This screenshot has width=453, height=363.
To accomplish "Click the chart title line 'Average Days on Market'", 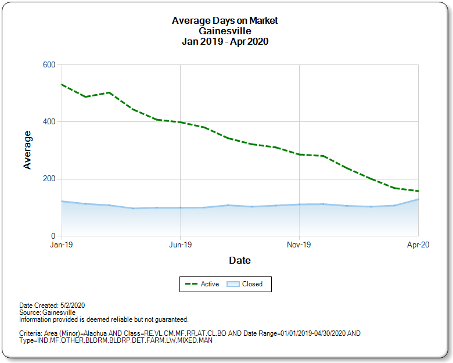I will click(x=225, y=20).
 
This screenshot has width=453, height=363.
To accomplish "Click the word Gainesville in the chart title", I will click(x=225, y=31).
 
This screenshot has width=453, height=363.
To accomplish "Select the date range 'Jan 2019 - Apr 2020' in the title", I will click(x=225, y=41).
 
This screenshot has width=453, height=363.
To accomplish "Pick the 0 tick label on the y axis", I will click(x=53, y=236).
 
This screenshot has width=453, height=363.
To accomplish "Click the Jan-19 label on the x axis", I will click(x=62, y=245).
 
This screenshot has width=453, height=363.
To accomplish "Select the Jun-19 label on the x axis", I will click(x=180, y=245).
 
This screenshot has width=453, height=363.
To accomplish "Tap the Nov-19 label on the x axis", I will click(x=299, y=245).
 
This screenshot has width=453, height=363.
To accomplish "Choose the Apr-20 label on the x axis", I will click(x=418, y=245).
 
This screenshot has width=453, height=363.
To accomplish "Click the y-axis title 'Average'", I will click(x=27, y=150).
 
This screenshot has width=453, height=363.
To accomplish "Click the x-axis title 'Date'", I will click(x=239, y=260).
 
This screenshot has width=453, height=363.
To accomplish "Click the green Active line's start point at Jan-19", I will click(x=62, y=85).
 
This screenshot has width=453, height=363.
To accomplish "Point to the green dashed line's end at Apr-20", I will click(x=418, y=191).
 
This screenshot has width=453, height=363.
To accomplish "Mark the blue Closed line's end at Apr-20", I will click(x=418, y=199).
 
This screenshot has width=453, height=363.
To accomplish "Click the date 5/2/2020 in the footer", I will click(x=73, y=305).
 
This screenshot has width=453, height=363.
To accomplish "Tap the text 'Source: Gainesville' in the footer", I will click(x=47, y=312).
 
